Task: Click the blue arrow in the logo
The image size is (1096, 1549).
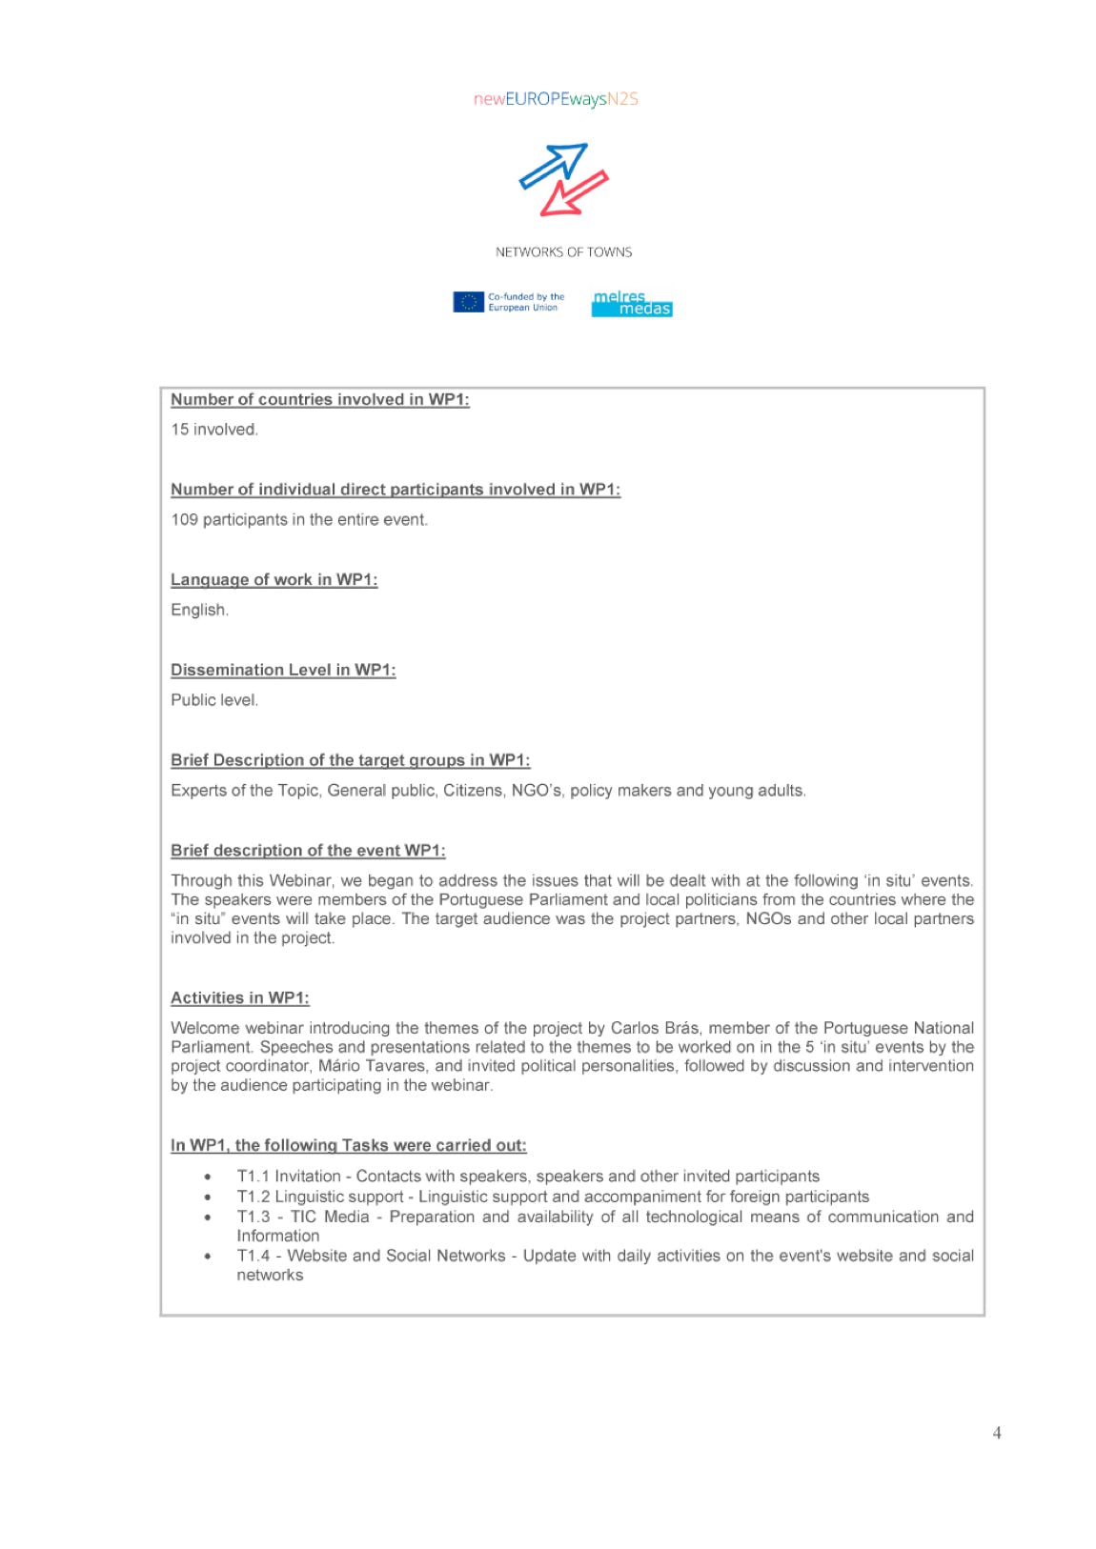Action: [553, 165]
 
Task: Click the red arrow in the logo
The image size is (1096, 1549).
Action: [574, 193]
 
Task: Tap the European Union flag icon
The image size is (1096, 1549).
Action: [468, 302]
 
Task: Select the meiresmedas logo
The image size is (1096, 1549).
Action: [632, 304]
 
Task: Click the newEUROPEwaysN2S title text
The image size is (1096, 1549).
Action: [556, 99]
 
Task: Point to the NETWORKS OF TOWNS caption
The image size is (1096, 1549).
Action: [563, 252]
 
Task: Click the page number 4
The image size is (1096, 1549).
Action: [997, 1433]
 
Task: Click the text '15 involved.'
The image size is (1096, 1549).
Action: [214, 430]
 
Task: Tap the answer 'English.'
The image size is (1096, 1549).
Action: [200, 610]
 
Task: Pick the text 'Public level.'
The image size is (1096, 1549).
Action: [214, 700]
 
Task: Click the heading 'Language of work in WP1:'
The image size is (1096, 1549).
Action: [274, 580]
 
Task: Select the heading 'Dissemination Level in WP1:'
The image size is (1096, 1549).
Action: [283, 670]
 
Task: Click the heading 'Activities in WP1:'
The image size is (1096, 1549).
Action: [240, 998]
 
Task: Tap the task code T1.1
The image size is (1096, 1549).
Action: [254, 1177]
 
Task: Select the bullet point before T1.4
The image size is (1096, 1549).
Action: [208, 1257]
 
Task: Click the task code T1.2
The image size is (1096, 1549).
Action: [254, 1197]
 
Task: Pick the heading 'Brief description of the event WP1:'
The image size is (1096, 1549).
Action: [308, 851]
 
